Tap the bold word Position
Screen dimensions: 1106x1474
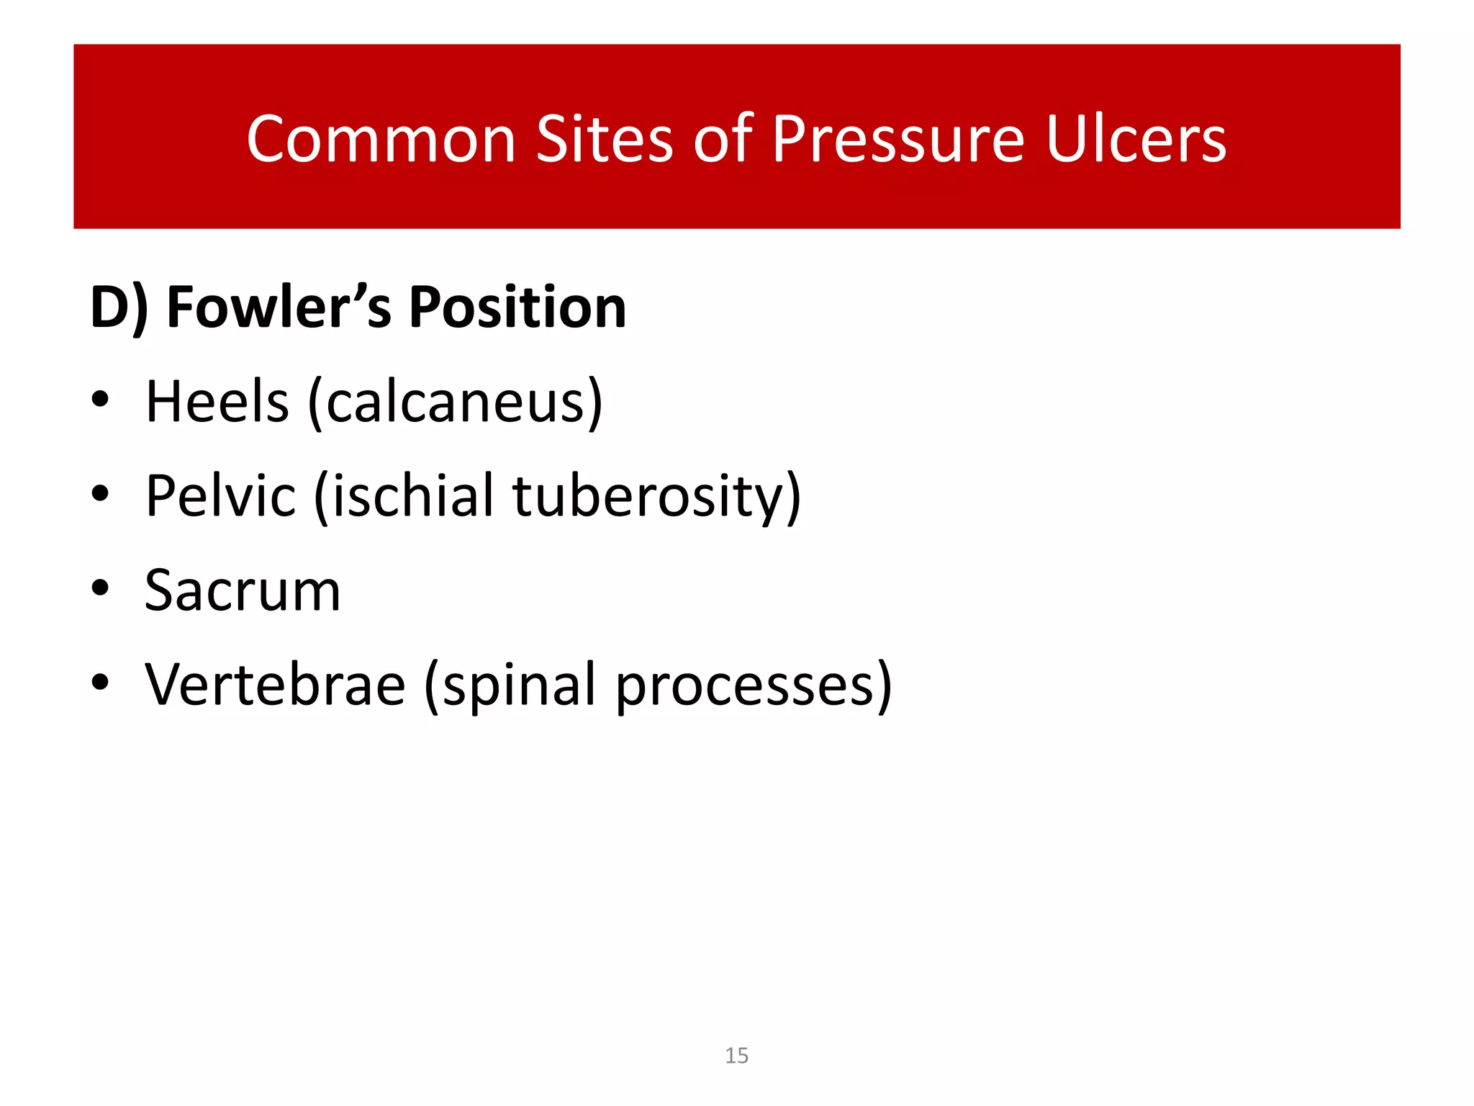coord(517,308)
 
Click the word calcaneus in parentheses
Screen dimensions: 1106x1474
coord(456,403)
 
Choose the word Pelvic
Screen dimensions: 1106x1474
coord(220,496)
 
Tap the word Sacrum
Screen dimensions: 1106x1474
coord(243,590)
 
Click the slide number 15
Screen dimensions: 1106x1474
coord(736,1056)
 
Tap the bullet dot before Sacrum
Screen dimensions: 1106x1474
coord(100,588)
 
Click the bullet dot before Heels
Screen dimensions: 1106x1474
coord(100,399)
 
